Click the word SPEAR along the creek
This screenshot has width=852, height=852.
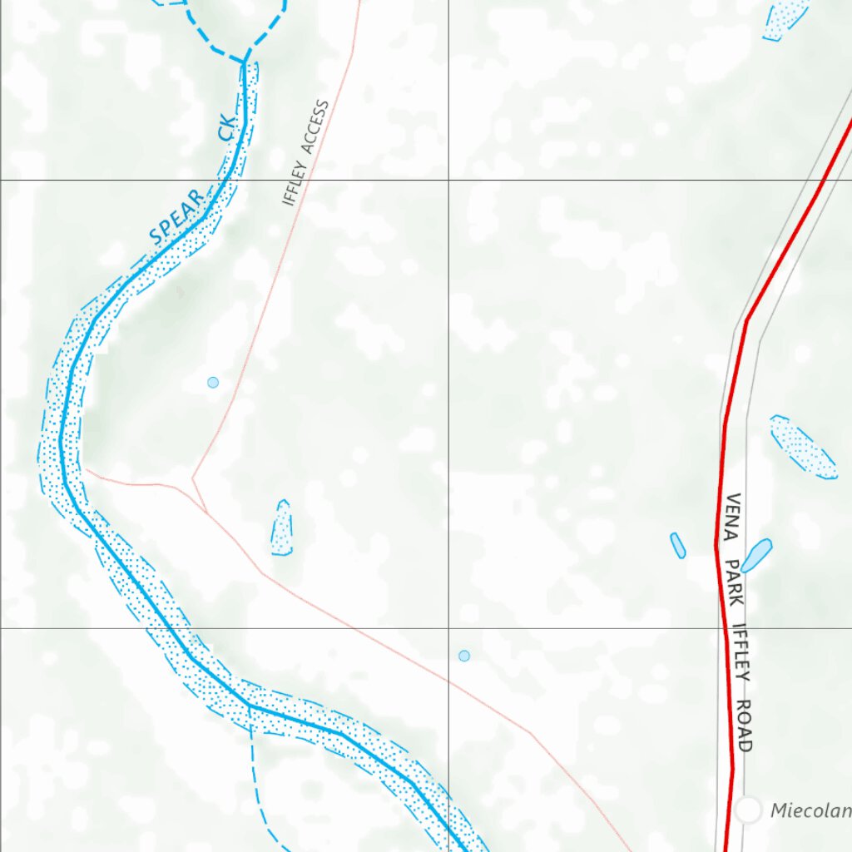coord(176,218)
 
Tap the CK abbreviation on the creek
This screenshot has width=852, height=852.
coord(227,128)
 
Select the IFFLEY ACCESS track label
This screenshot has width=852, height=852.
coord(305,154)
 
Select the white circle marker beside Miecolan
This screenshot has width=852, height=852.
coord(749,809)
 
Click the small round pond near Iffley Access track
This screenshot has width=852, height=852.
coord(213,382)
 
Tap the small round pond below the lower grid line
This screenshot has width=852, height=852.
coord(464,656)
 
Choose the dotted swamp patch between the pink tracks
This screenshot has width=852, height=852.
coord(282,528)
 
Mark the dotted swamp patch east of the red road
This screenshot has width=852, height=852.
coord(802,448)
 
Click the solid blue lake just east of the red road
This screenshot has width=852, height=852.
coord(757,555)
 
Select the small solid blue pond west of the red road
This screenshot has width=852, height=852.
coord(678,545)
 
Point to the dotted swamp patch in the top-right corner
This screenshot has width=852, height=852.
coord(786,19)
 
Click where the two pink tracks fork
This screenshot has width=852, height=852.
coord(193,478)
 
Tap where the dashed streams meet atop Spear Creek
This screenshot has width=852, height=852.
coord(245,61)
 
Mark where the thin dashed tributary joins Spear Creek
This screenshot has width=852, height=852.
coord(250,707)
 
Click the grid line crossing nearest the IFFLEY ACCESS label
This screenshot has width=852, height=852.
coord(449,180)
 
